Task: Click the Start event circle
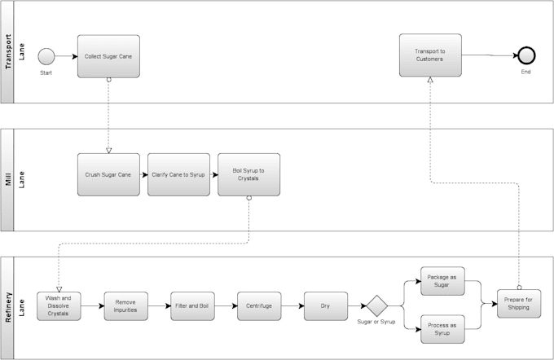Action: (46, 56)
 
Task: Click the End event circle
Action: (526, 55)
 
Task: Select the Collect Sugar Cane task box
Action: (108, 56)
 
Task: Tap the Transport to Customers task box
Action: (430, 55)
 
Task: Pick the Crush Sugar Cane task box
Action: (108, 174)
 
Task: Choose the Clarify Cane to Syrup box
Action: (178, 174)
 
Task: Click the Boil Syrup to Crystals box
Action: (248, 174)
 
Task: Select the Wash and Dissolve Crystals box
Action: (59, 306)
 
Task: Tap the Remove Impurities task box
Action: (125, 306)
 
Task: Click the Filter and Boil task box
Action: (192, 306)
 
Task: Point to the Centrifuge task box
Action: (258, 306)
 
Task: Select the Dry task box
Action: (325, 306)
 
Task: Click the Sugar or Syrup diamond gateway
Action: (376, 306)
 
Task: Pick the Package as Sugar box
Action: (442, 281)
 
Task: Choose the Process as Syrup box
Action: (442, 330)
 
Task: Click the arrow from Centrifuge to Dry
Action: (292, 306)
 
